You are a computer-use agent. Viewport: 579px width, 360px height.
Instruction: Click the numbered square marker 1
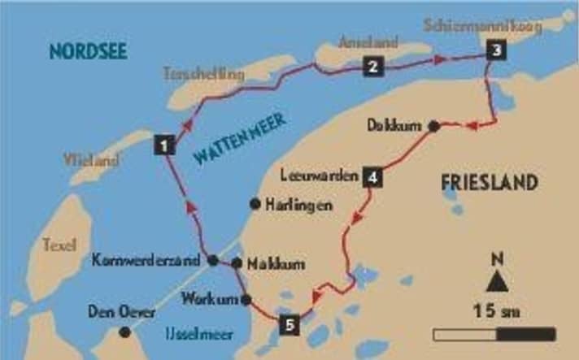[164, 146]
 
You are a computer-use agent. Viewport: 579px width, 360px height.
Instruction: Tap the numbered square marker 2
[372, 67]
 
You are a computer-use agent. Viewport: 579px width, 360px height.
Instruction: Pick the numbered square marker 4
[372, 177]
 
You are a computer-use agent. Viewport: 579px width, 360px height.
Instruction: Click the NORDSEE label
[89, 53]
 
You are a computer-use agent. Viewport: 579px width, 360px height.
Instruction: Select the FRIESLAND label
[489, 183]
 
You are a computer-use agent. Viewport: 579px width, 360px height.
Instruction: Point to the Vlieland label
[92, 160]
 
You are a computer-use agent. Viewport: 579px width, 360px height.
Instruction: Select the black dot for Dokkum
[434, 126]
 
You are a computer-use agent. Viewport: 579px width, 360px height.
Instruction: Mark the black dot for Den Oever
[124, 332]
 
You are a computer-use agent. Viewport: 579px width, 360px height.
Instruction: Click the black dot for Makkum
[236, 262]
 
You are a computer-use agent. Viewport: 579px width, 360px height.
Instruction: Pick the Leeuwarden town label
[319, 176]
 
